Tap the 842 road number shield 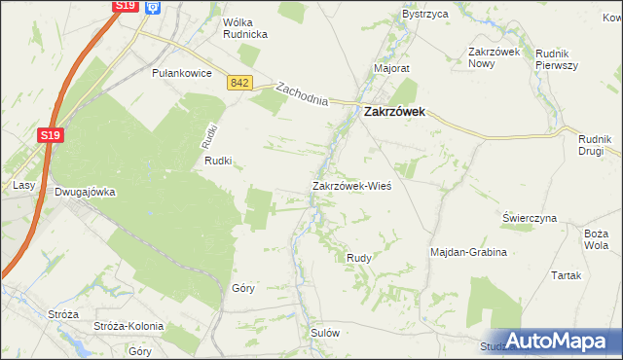240,85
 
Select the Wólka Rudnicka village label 232,27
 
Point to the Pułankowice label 182,73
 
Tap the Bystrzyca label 424,15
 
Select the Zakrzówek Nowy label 496,56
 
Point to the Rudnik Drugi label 591,145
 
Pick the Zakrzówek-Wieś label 351,185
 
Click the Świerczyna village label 530,218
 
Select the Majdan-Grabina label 469,252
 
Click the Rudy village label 358,257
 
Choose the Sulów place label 324,332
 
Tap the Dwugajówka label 85,192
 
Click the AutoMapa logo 554,340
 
